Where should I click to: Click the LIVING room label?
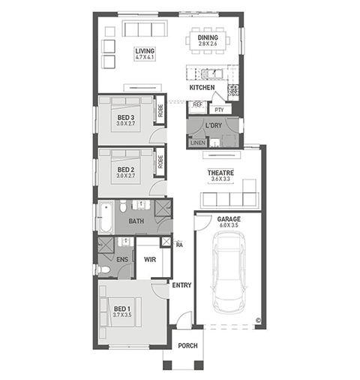tap(145, 51)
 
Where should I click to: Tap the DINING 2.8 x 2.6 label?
tap(208, 41)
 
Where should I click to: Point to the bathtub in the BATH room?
tap(106, 217)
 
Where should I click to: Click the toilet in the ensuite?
tap(103, 270)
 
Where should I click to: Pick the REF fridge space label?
tap(197, 104)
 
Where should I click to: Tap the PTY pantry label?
tap(219, 110)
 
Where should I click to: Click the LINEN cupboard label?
tap(198, 143)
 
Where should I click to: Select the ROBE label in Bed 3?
tap(160, 110)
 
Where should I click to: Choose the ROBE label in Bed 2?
tap(160, 161)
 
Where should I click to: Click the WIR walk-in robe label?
tap(150, 260)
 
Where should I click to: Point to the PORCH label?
tap(187, 345)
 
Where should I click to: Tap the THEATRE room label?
tap(220, 173)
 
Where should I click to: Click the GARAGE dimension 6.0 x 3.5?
tap(229, 225)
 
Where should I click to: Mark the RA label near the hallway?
tap(179, 245)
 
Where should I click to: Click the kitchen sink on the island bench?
tap(211, 74)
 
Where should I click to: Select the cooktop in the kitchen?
tap(233, 90)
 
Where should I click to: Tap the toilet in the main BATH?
tap(123, 207)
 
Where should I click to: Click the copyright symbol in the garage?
tap(258, 320)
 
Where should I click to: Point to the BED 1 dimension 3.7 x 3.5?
tap(122, 315)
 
